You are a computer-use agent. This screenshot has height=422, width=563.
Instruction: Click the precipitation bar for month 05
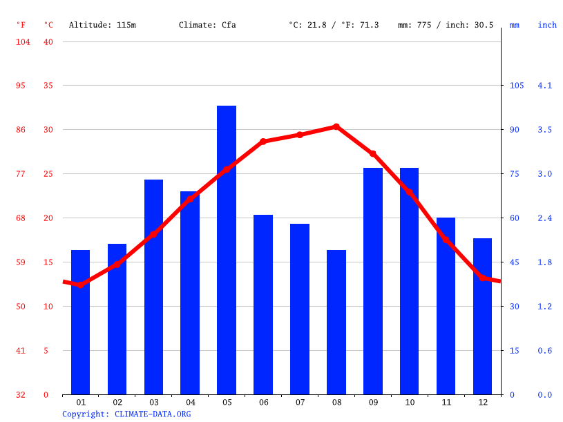coord(227,250)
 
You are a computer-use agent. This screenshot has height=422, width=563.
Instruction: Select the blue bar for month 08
coord(336,322)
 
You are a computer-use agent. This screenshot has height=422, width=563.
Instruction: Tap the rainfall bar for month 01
coord(81,322)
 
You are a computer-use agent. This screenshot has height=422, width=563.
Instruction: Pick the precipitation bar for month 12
coord(482,316)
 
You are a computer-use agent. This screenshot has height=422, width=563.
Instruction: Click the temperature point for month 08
coord(336,126)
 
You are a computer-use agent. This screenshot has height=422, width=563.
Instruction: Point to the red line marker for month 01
coord(81,285)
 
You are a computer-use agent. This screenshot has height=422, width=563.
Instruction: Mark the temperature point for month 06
coord(263,142)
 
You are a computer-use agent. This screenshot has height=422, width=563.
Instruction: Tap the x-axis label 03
coord(154,402)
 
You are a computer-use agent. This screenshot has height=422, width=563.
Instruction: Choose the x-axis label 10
coord(410,402)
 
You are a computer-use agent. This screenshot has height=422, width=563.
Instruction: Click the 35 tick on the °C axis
coord(48,86)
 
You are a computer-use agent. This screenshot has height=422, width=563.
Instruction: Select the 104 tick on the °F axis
coord(23,41)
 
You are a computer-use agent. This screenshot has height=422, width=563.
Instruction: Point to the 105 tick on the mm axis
coord(516,86)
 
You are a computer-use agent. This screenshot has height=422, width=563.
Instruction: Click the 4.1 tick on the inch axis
coord(544,86)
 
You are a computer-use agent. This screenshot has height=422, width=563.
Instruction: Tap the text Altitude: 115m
coord(102,25)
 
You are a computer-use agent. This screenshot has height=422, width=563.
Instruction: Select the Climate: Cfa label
coord(207,25)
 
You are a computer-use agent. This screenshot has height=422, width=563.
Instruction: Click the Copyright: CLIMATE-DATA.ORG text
coord(126,414)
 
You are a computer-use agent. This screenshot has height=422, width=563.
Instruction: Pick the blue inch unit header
coord(547,25)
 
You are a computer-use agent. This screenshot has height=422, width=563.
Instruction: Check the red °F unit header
coord(21,25)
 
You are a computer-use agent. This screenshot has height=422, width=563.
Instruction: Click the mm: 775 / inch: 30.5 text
coord(446,25)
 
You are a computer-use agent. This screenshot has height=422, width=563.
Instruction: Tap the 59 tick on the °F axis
coord(21,262)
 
